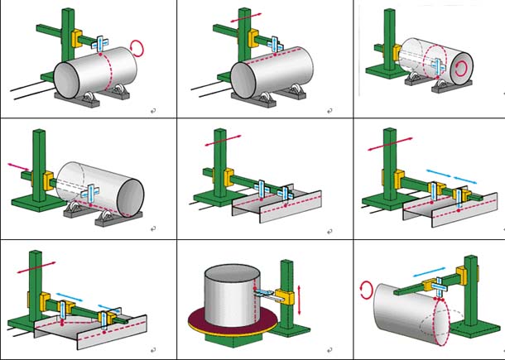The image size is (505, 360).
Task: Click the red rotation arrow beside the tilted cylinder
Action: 366,288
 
